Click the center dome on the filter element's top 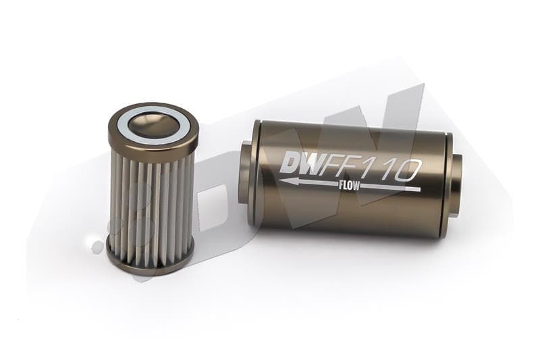152,122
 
